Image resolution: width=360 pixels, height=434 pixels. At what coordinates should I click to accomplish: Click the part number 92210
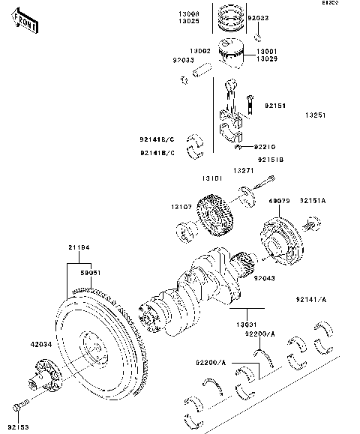click(266, 147)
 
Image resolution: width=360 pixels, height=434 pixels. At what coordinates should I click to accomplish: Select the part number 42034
click(43, 346)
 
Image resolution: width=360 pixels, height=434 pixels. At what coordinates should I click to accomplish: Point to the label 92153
click(18, 428)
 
